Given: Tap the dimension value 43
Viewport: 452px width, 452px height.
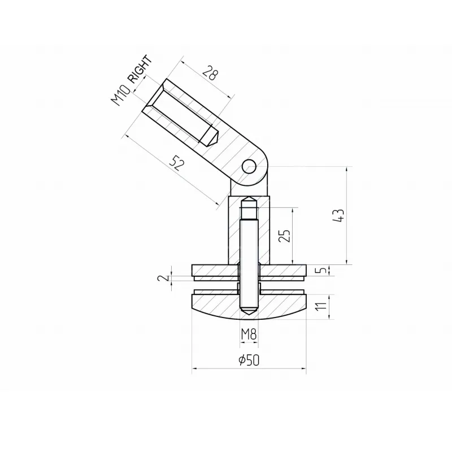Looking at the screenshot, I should [338, 216].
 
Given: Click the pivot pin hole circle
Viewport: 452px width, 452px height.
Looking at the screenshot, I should [249, 166].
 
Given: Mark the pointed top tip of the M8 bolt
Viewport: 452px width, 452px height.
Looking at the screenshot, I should [249, 201].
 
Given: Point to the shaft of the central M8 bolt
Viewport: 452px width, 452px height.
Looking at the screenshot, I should [249, 254].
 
